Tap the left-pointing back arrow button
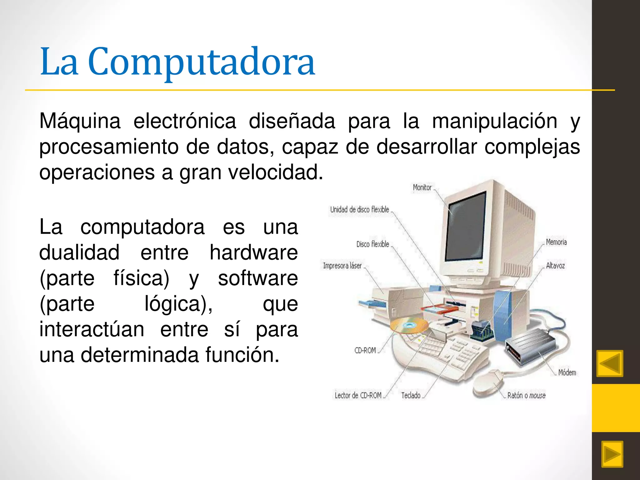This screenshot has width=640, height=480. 610,363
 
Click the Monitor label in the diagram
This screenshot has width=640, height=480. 422,187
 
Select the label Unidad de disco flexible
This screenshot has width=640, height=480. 359,210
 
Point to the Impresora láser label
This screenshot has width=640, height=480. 342,266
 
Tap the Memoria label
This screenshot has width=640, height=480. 556,242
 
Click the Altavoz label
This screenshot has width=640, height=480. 555,266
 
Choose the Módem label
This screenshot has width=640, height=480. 567,372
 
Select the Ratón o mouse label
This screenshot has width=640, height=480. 526,396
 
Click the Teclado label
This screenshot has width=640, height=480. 411,396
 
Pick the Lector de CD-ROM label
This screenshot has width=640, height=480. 358,396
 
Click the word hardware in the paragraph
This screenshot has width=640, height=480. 253,252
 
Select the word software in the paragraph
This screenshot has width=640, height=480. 258,278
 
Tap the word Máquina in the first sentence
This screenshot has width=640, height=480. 80,121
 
